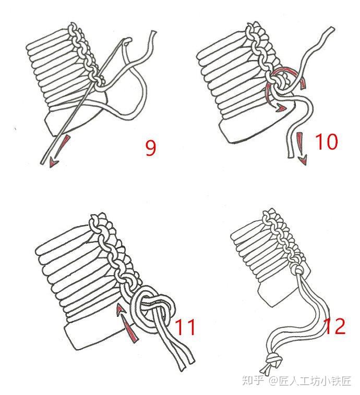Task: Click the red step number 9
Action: (151, 148)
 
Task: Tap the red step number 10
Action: (326, 141)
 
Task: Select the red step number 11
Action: (185, 327)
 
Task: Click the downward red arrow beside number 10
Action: (302, 149)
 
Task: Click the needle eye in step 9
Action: (128, 40)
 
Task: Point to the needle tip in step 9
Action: (42, 163)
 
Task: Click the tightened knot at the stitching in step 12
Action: (298, 271)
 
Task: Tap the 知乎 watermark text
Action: (253, 380)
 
